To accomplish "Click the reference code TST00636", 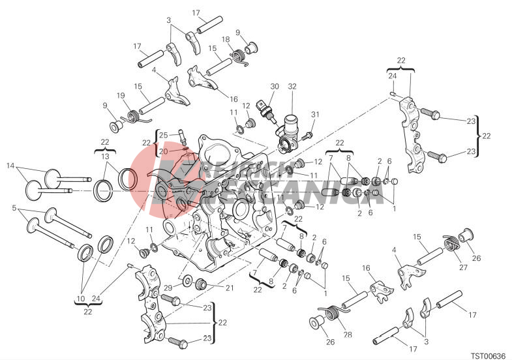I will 489,355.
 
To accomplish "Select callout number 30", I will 275,87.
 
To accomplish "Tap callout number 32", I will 292,87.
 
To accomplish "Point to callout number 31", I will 315,115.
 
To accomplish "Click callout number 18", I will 226,40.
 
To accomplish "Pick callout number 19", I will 121,96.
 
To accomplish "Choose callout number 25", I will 164,136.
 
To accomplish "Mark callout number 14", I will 10,166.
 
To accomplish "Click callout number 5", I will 14,208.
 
